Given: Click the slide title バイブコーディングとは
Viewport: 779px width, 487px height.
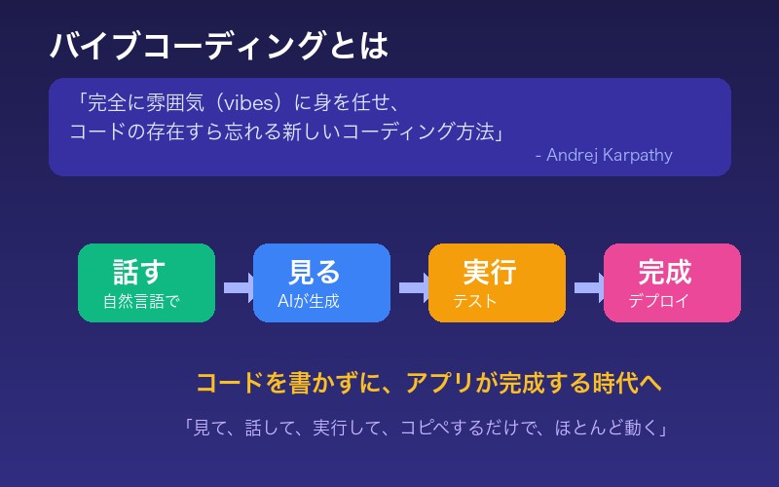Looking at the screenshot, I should tap(219, 46).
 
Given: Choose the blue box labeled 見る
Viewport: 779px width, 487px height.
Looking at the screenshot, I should tap(321, 282).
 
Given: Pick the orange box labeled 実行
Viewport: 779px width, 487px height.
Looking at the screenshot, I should tap(497, 282).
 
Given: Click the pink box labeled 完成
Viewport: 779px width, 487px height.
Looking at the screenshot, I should tap(672, 282).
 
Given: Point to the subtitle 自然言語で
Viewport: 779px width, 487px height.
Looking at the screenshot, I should tap(141, 302).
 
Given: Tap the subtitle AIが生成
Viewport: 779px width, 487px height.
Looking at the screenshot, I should tap(308, 302).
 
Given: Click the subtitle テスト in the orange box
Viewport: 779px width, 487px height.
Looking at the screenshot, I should tap(474, 302).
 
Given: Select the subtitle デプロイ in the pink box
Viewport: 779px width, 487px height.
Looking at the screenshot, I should tap(658, 302).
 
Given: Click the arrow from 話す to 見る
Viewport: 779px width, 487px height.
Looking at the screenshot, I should tap(237, 287).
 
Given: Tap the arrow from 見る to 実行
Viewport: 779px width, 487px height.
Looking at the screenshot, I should tap(412, 287).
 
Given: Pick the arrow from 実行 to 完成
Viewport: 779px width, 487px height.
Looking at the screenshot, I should tap(587, 287).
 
